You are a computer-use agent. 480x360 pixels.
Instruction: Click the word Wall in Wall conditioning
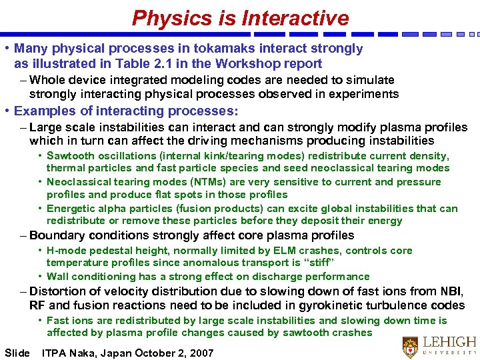58,277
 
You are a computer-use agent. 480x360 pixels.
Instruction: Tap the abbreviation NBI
451,291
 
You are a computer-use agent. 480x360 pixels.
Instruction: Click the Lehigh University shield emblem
410,347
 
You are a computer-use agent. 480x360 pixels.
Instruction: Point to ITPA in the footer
55,353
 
